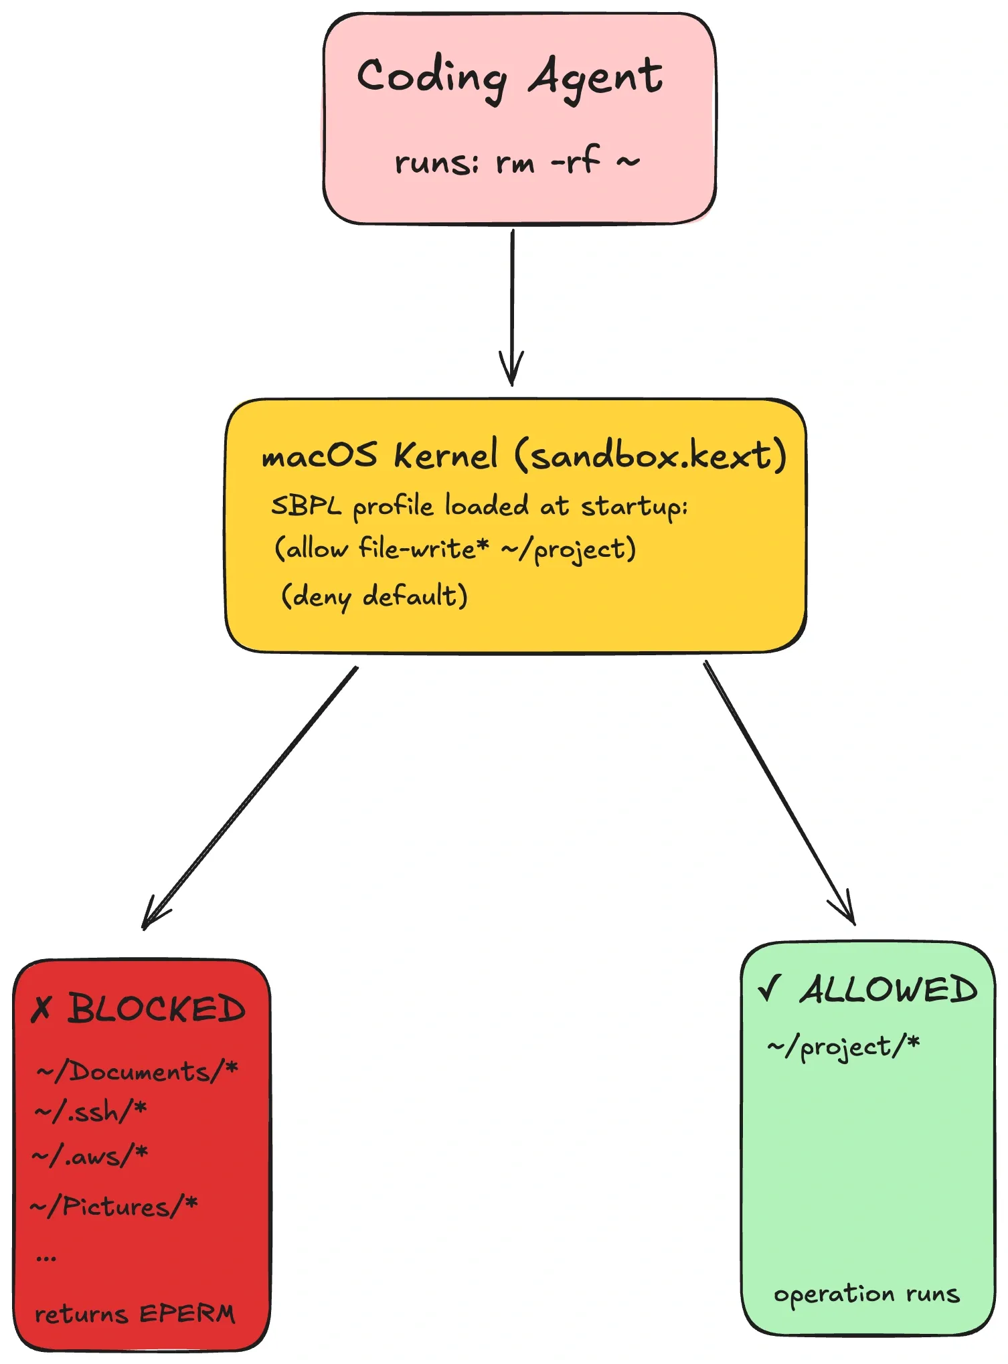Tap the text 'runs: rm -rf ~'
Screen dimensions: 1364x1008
click(x=517, y=162)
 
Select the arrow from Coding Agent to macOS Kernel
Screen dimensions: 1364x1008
click(x=512, y=308)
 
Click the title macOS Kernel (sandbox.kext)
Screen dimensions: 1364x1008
click(x=523, y=456)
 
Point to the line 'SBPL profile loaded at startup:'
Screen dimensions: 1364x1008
click(x=479, y=507)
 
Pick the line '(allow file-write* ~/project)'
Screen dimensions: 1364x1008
click(x=455, y=549)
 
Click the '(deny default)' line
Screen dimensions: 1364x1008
click(x=374, y=596)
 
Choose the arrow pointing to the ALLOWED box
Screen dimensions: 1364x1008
click(x=778, y=793)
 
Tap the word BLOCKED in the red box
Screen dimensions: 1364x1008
click(x=157, y=1009)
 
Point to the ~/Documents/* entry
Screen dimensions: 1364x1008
click(x=137, y=1071)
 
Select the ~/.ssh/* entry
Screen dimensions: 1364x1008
click(x=90, y=1112)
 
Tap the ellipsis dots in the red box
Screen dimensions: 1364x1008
click(x=46, y=1259)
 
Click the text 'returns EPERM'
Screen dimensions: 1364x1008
click(x=135, y=1314)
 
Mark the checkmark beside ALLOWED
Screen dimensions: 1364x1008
click(x=770, y=988)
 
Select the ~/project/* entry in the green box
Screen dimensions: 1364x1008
click(x=843, y=1046)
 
